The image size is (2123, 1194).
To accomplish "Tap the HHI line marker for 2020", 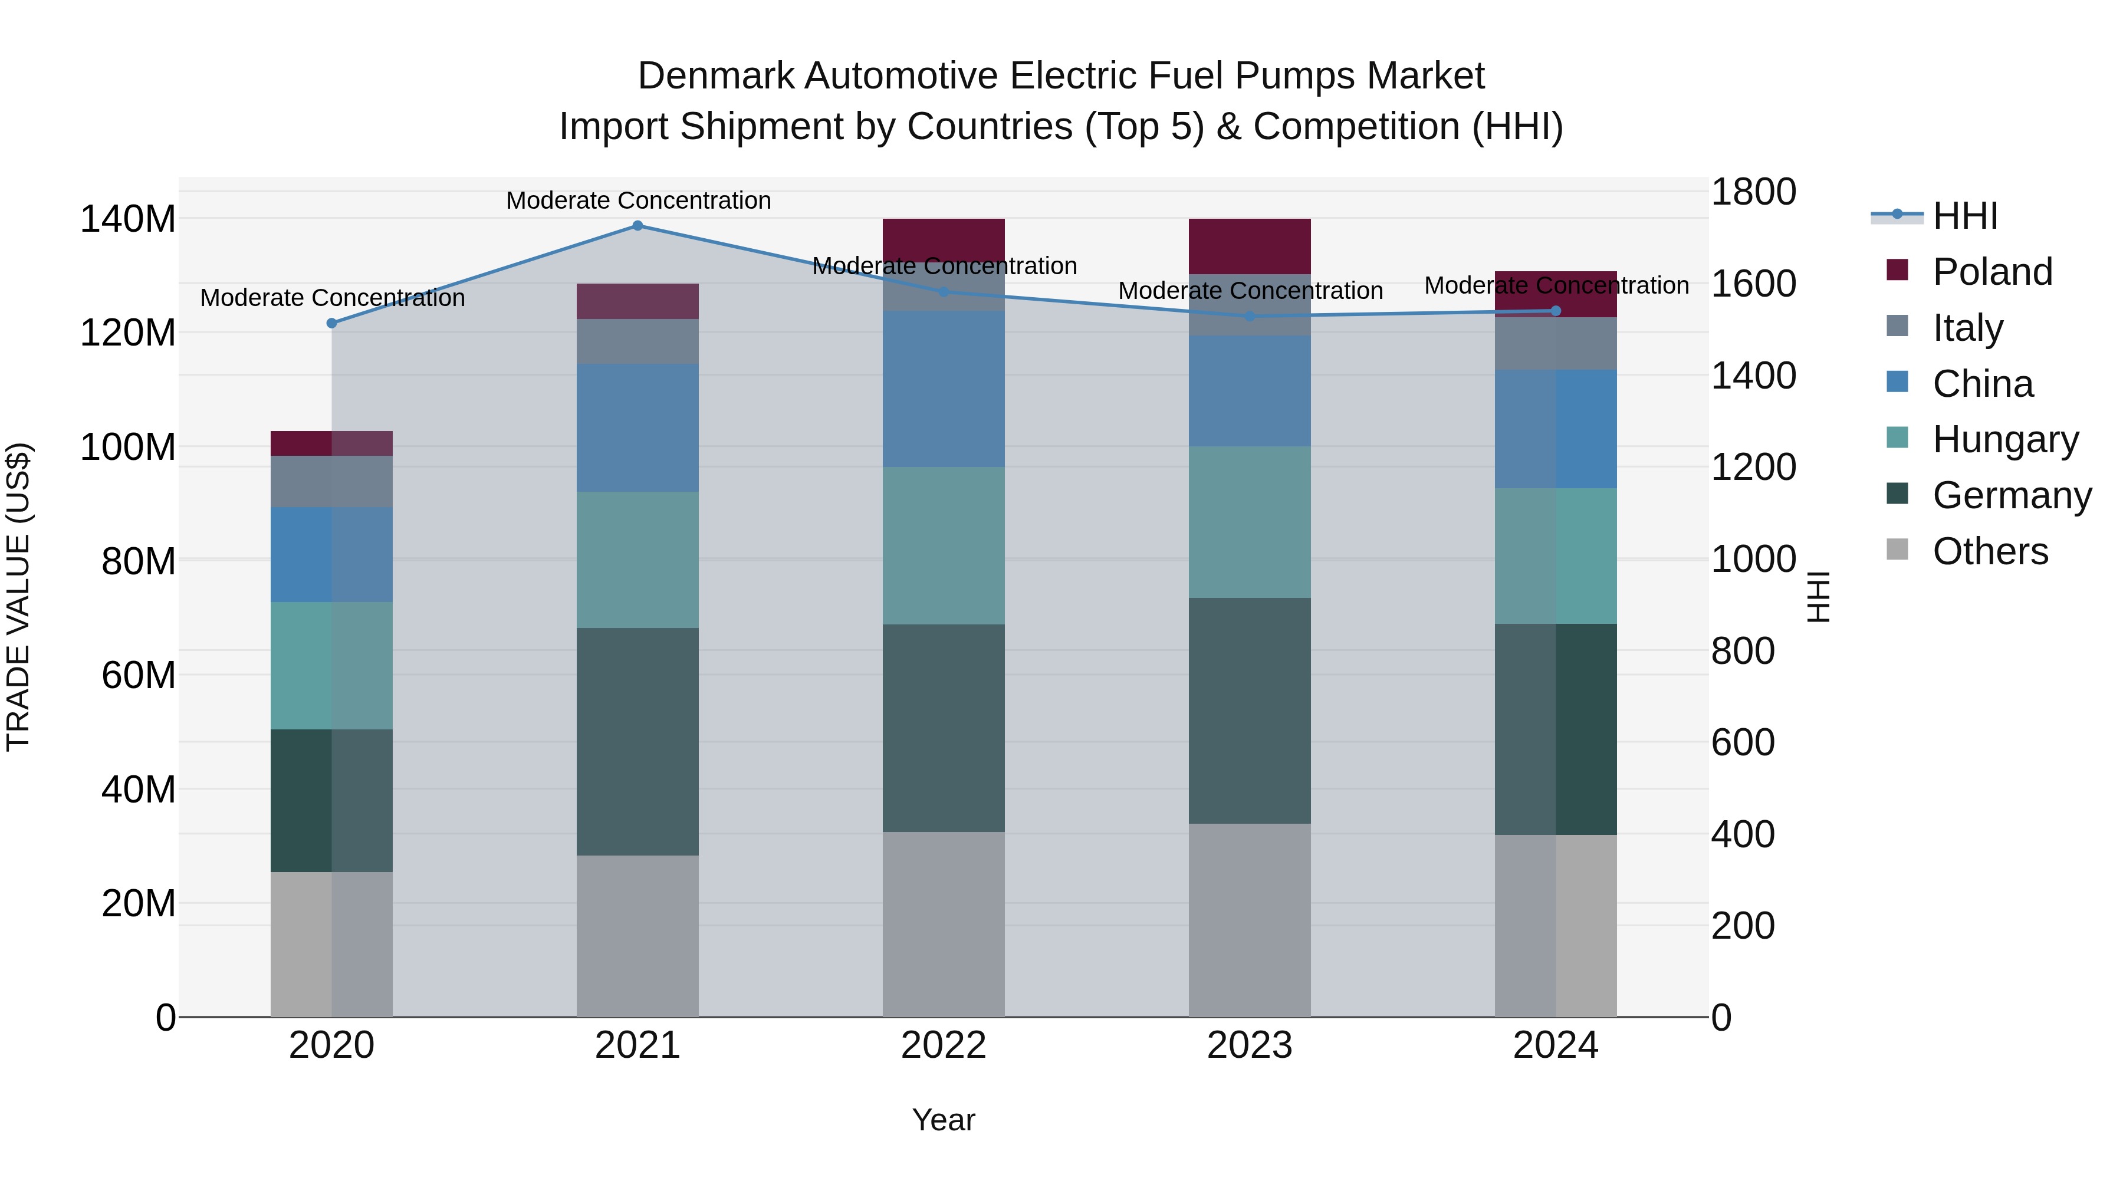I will pos(331,323).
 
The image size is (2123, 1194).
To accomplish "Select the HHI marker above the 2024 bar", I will pos(1556,311).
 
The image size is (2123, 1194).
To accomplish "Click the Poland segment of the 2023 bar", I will pos(1250,245).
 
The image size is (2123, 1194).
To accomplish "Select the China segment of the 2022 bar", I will pos(944,389).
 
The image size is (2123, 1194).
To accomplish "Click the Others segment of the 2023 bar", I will pos(1250,920).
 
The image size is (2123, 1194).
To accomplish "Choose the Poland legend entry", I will pos(1992,272).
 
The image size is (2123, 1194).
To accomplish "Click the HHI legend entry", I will pos(1965,216).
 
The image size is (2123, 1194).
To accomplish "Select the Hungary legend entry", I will pos(2005,439).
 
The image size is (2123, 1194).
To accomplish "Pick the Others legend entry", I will pos(1990,551).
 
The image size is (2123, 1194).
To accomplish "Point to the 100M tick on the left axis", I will pos(128,448).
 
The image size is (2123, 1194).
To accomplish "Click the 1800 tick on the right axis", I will pos(1754,192).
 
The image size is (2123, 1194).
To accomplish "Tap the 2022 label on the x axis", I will pos(944,1045).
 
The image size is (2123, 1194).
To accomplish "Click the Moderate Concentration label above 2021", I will pos(638,200).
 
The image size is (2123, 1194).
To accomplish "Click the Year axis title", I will pos(944,1120).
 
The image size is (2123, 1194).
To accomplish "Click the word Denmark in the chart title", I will pos(715,76).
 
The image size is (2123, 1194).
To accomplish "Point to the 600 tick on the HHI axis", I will pos(1742,742).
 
